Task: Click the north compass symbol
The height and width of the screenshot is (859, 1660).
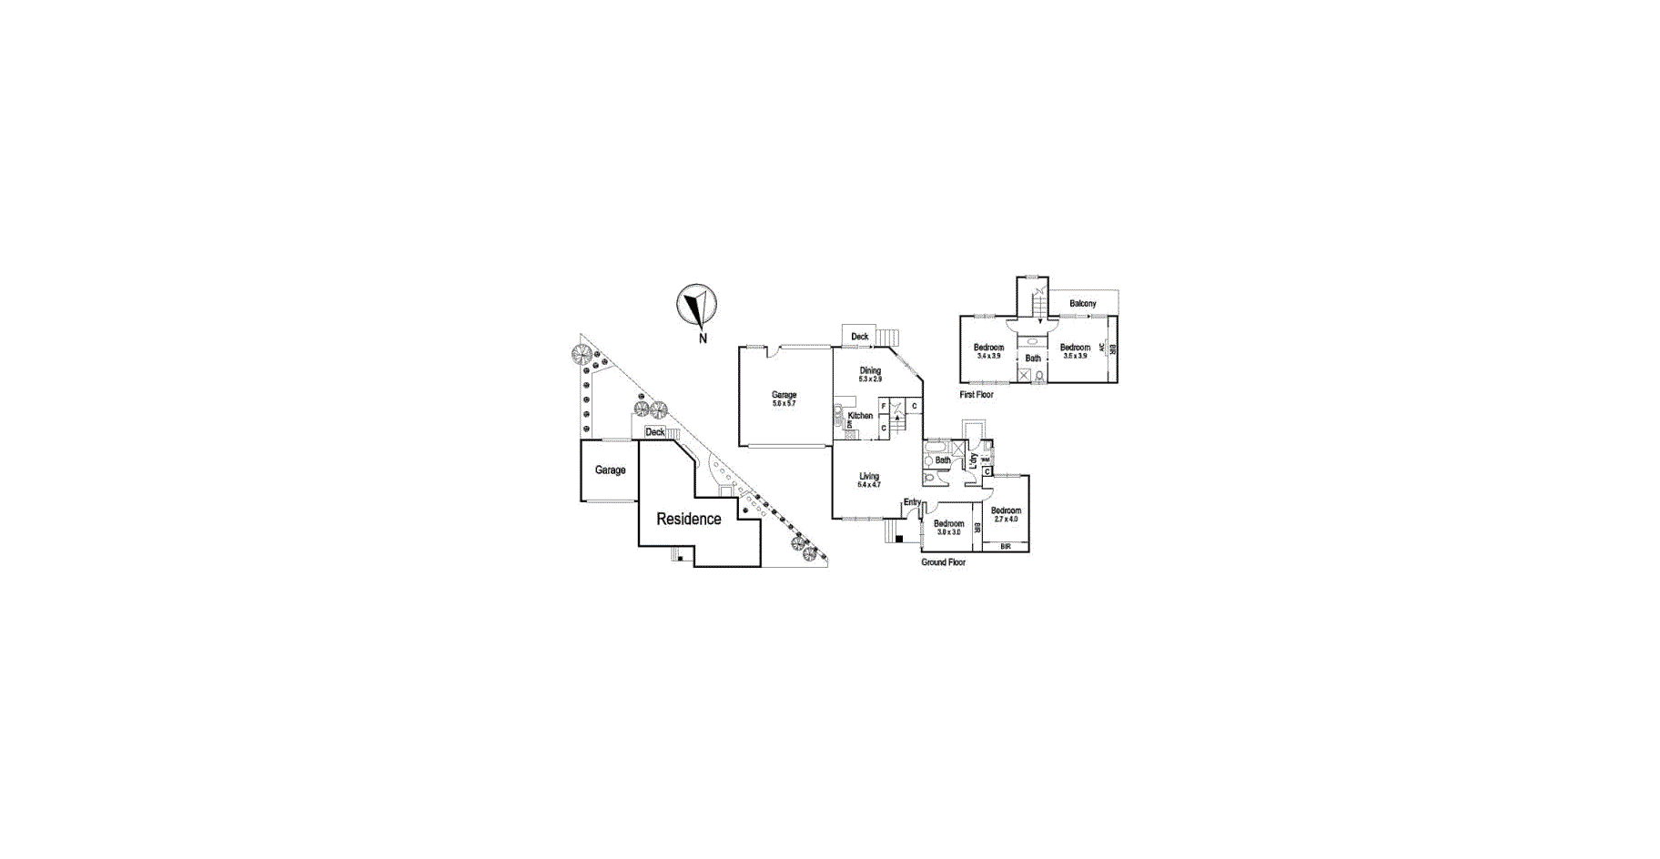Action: click(x=696, y=305)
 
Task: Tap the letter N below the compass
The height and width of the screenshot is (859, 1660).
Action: click(x=703, y=339)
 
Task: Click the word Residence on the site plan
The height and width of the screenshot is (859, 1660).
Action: click(x=689, y=519)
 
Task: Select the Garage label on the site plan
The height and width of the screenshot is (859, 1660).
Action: click(x=611, y=470)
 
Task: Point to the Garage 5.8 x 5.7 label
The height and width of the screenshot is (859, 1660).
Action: click(x=784, y=399)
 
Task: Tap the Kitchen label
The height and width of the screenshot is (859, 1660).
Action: click(x=860, y=416)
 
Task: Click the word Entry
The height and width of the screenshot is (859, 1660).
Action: click(x=912, y=502)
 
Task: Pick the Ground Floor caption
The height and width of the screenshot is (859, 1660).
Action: click(x=943, y=562)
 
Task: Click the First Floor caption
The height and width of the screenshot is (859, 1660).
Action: click(x=977, y=395)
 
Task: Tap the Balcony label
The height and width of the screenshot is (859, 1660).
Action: click(x=1083, y=303)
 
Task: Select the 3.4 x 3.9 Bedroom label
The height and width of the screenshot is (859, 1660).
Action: click(x=988, y=350)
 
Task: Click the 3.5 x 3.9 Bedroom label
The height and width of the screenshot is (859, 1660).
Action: click(x=1075, y=350)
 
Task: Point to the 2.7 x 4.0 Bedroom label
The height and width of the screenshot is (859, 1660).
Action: click(x=1006, y=514)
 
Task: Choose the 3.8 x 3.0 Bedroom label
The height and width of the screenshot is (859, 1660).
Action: click(x=948, y=527)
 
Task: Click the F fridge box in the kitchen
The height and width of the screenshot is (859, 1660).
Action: click(x=884, y=406)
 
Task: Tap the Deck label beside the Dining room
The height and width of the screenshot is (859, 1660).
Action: click(x=859, y=337)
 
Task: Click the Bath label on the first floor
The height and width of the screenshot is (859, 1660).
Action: click(x=1033, y=359)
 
